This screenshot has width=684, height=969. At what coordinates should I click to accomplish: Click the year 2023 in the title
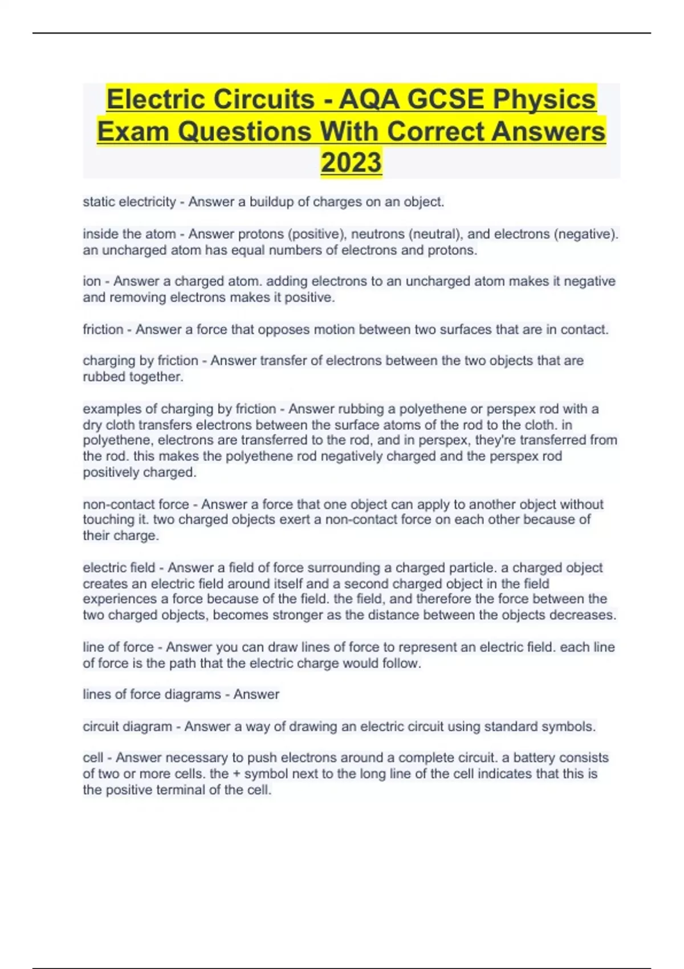351,162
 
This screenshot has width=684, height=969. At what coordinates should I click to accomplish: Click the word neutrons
377,234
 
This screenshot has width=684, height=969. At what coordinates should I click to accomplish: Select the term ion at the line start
92,282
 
